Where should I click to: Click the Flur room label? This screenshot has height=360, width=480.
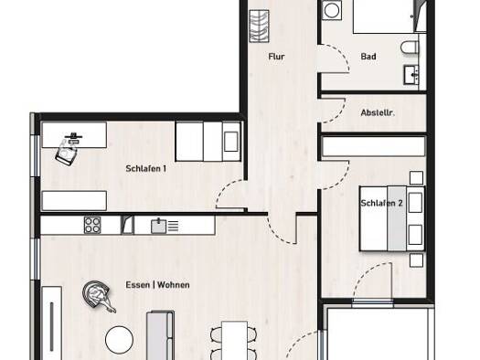pyautogui.click(x=276, y=57)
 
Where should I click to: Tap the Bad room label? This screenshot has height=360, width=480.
pyautogui.click(x=368, y=57)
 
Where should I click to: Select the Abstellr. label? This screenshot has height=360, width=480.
pyautogui.click(x=378, y=113)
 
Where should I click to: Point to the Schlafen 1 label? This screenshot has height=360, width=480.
pyautogui.click(x=146, y=168)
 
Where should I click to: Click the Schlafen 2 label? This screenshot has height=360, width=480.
pyautogui.click(x=381, y=203)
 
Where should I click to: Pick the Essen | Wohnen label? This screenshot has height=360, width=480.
pyautogui.click(x=157, y=285)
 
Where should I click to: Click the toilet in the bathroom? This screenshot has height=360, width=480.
pyautogui.click(x=410, y=48)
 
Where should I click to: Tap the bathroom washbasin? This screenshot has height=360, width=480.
pyautogui.click(x=411, y=75)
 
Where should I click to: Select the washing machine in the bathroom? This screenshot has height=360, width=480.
pyautogui.click(x=332, y=10)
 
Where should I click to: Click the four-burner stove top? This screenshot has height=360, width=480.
pyautogui.click(x=92, y=225)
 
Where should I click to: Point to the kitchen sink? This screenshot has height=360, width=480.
pyautogui.click(x=158, y=227)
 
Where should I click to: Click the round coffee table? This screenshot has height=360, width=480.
pyautogui.click(x=119, y=340)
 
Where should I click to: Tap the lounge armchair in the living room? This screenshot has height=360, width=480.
pyautogui.click(x=97, y=296)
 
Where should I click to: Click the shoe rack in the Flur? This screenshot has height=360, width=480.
pyautogui.click(x=259, y=26)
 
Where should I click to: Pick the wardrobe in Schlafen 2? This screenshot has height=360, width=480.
pyautogui.click(x=374, y=147)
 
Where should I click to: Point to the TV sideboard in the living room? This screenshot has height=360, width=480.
pyautogui.click(x=52, y=323)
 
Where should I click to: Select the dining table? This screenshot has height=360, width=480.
pyautogui.click(x=234, y=341)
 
